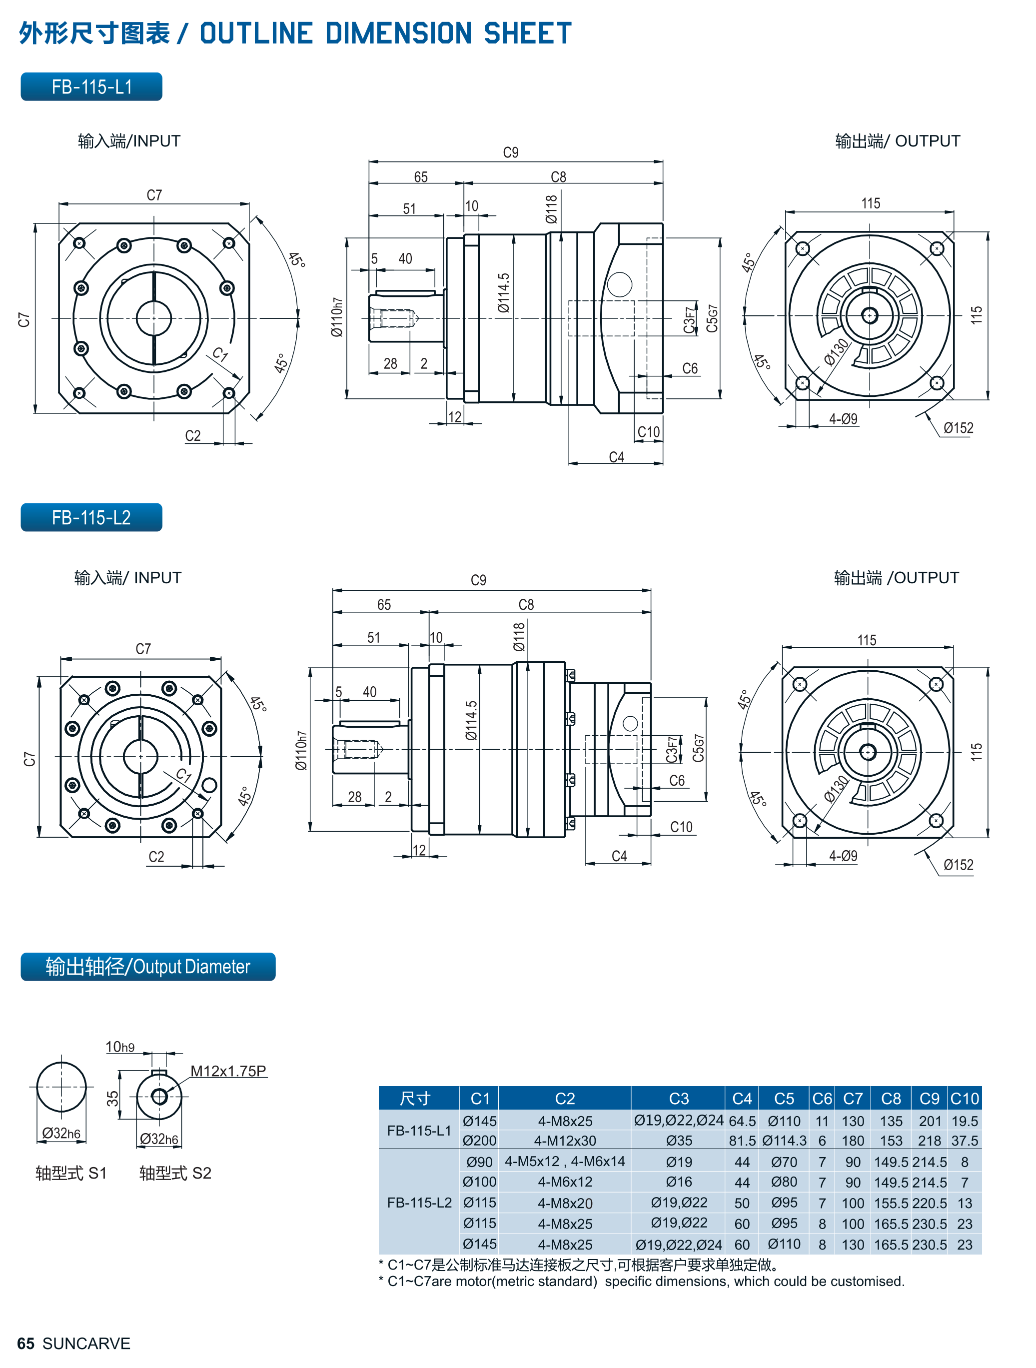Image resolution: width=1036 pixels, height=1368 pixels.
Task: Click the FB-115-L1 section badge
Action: coord(91,86)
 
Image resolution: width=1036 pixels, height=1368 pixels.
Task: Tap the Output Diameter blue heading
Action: coord(148,967)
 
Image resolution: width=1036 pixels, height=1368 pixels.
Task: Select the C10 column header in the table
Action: coord(964,1099)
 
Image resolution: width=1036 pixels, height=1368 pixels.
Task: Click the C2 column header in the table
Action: coord(565,1099)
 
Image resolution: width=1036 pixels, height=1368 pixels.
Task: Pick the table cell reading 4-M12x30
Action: coord(565,1141)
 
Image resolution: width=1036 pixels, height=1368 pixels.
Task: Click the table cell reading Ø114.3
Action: coord(784,1141)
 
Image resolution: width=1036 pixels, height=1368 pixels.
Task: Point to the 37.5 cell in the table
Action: coord(964,1141)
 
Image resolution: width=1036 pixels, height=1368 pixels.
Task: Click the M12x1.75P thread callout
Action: coord(228,1071)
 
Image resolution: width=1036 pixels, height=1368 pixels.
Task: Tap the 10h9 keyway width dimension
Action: coord(120,1047)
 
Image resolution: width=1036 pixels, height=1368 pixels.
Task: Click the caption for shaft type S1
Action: coord(71,1173)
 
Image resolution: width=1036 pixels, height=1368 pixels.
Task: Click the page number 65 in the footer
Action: coord(25,1344)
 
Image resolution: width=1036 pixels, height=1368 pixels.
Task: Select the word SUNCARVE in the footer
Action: coord(86,1344)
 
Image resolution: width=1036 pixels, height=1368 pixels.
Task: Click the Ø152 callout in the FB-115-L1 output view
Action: coord(958,428)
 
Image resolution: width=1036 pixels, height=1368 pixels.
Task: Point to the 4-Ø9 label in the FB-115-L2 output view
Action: coord(843,855)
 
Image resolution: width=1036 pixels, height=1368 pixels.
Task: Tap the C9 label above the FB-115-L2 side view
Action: coord(478,580)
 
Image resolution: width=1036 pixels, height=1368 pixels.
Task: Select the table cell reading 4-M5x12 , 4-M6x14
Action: coord(565,1162)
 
